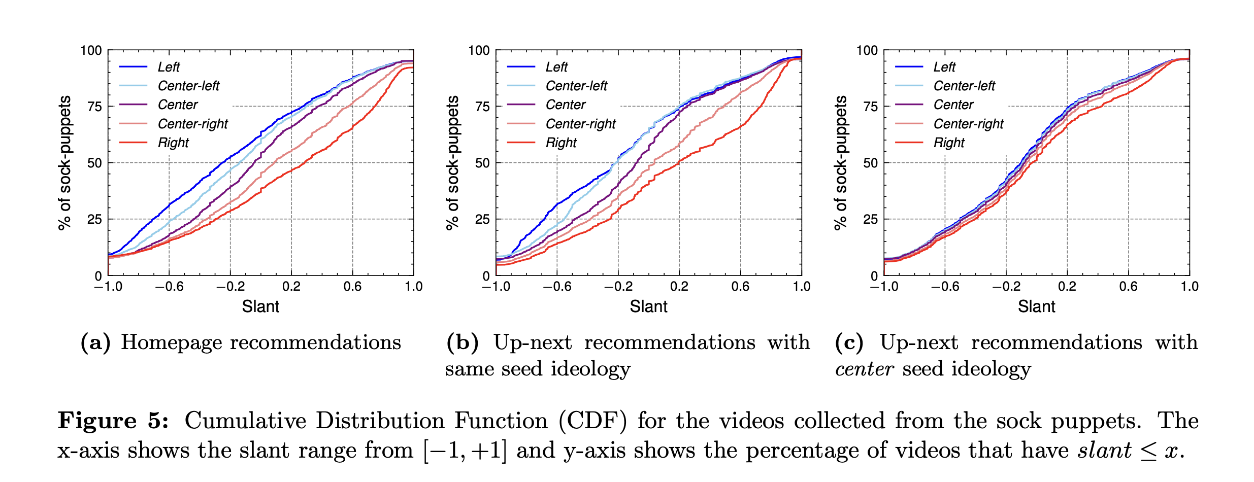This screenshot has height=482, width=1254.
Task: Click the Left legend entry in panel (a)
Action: click(x=169, y=67)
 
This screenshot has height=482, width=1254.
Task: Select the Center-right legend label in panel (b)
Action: click(x=580, y=124)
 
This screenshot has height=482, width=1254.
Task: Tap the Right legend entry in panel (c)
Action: click(x=948, y=143)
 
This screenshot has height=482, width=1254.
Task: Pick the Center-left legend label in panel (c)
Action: click(x=964, y=86)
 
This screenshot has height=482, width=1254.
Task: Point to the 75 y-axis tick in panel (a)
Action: click(x=95, y=107)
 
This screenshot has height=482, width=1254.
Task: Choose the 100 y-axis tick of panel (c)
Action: click(x=867, y=50)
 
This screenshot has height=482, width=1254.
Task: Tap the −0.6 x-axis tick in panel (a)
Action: click(x=169, y=287)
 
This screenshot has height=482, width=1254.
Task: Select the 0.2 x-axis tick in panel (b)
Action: click(x=679, y=287)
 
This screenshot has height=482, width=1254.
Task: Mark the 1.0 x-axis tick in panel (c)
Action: click(x=1189, y=287)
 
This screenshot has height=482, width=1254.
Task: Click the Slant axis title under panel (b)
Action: click(x=648, y=306)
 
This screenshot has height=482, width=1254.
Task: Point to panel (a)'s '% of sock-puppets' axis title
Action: click(x=65, y=162)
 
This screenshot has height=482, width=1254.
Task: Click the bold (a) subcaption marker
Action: click(x=95, y=342)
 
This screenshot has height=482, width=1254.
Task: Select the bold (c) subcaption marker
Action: click(x=849, y=342)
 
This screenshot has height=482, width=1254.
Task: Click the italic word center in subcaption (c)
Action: click(x=864, y=369)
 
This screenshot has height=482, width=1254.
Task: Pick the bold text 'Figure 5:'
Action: click(x=113, y=421)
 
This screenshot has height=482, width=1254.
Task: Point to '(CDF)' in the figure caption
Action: click(x=592, y=421)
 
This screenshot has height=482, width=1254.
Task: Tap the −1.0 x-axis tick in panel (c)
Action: click(x=884, y=287)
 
